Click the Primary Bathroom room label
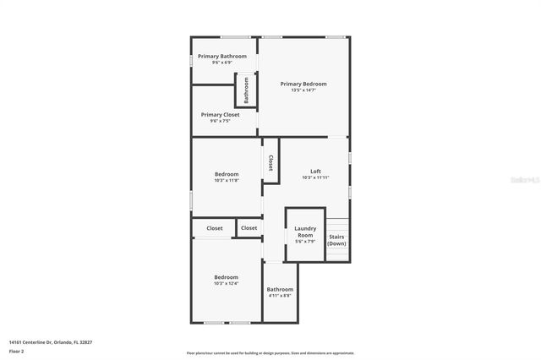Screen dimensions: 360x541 222,56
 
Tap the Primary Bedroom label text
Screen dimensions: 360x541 303,84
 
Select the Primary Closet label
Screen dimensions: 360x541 220,114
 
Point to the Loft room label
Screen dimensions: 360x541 315,172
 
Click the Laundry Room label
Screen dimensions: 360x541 305,231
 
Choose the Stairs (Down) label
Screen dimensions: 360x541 336,240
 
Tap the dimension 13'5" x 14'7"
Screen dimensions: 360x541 303,90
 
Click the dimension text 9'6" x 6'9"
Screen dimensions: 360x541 222,63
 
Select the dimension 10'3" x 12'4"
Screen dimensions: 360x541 226,284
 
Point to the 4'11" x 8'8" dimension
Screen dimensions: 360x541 280,296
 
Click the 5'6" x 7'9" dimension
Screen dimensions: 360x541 305,242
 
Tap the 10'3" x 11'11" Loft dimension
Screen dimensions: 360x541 315,178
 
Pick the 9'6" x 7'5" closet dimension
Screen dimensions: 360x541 220,121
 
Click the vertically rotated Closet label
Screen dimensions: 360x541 270,162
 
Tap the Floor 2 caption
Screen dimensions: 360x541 17,351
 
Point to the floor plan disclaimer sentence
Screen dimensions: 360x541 270,353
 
